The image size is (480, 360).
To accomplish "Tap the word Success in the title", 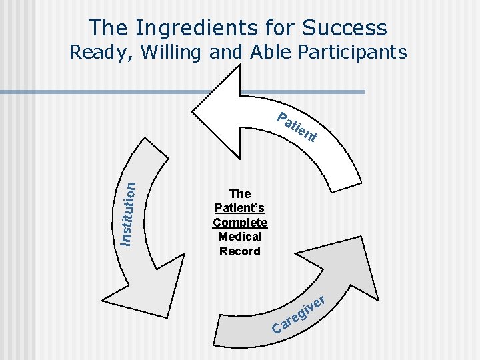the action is click(344, 28).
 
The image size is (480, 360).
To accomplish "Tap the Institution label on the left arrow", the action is click(129, 204).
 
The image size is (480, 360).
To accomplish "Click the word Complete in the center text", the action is click(240, 223).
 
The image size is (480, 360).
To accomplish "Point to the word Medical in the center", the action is click(240, 237).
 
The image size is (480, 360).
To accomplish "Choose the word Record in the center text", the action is click(240, 251).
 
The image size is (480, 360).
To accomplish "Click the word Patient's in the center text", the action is click(240, 209).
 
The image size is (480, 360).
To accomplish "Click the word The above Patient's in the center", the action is click(240, 194).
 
